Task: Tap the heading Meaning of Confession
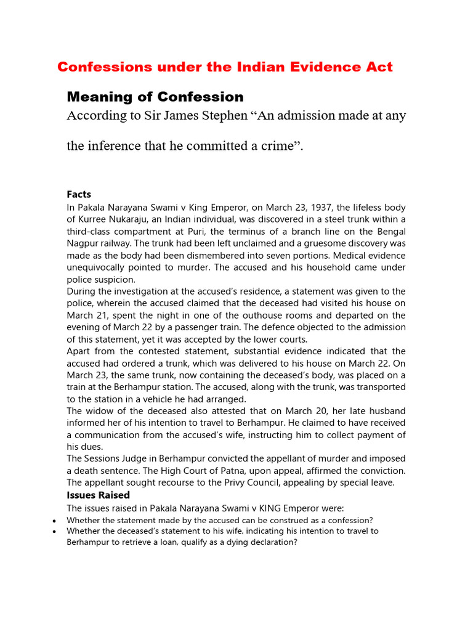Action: pos(155,97)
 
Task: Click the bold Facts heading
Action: pos(79,195)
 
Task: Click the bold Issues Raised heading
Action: pos(98,495)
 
